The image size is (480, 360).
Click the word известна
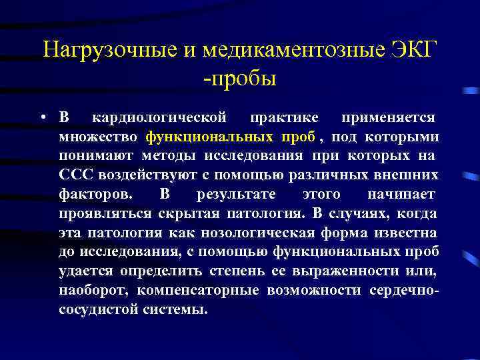click(406, 233)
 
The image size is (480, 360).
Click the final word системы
click(181, 311)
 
